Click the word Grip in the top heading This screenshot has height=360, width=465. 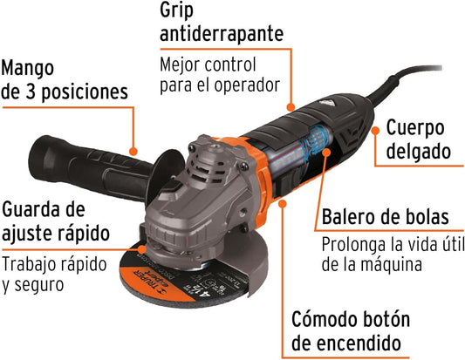pos(176,11)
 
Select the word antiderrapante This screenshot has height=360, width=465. pos(222,33)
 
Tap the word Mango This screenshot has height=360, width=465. pos(28,69)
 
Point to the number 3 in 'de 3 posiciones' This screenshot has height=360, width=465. pos(31,92)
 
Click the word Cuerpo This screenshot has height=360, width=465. pos(415,129)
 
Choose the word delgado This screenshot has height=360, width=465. pos(419,151)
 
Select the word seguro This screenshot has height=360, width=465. pos(39,285)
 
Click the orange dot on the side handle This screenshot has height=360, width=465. pos(133,152)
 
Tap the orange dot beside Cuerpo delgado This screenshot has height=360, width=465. pos(375,131)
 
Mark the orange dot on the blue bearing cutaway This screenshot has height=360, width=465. pos(326,153)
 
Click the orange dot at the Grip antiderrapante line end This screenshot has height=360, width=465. pos(291,106)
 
